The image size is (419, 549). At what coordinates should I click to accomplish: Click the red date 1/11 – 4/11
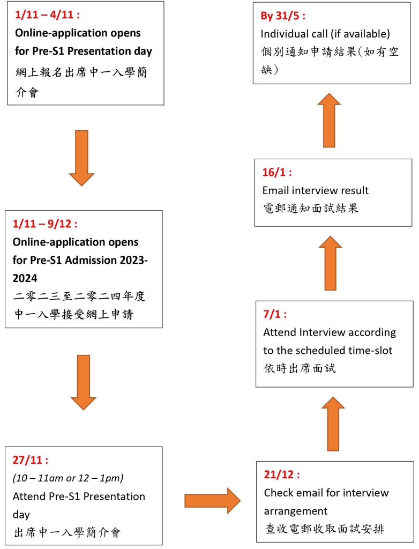tap(47, 14)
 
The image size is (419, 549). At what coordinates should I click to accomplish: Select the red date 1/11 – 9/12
tap(45, 224)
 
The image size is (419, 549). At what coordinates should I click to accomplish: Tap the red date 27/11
tap(31, 459)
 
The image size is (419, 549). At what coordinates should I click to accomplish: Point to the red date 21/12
tap(282, 474)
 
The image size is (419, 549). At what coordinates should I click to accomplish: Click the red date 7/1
tap(275, 314)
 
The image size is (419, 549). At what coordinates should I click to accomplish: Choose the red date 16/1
tap(277, 172)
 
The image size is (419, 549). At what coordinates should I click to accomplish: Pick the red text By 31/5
tap(283, 16)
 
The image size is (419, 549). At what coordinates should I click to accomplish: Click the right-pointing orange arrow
tap(213, 501)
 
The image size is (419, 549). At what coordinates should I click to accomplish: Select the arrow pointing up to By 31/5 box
tap(329, 120)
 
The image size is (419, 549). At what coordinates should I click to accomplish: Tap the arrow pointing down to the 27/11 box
tap(83, 382)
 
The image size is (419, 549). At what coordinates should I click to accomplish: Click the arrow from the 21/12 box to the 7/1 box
tap(333, 424)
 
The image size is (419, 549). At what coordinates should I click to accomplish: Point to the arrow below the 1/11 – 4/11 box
tap(81, 158)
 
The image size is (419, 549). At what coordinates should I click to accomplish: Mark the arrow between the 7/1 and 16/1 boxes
tap(331, 263)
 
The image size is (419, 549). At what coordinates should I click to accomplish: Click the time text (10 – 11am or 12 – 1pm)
tap(68, 478)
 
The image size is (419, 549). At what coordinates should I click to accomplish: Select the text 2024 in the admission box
tap(25, 278)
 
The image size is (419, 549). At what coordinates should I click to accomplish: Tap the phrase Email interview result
tap(316, 190)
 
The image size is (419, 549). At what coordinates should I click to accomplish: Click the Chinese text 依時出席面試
tap(300, 368)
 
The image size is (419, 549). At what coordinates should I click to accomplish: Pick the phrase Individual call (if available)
tap(325, 34)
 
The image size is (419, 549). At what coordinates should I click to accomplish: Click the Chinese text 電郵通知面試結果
tap(311, 209)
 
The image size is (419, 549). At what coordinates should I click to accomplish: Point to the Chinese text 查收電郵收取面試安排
tap(325, 529)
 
